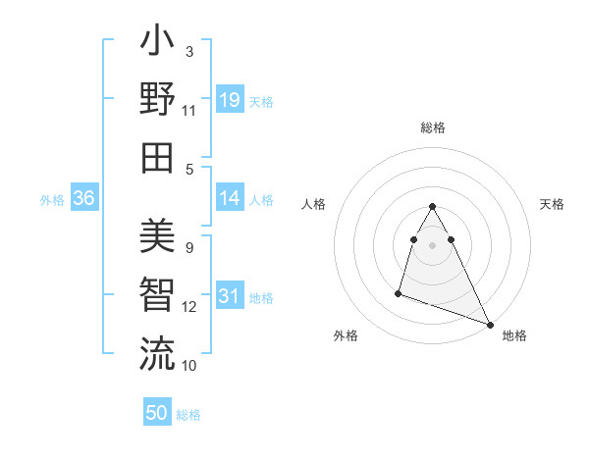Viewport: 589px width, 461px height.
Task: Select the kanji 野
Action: [157, 100]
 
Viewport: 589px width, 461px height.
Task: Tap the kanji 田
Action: [157, 158]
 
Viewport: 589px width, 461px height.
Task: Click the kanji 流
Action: [157, 354]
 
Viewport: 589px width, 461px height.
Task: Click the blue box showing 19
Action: [229, 100]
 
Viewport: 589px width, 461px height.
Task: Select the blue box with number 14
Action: [229, 198]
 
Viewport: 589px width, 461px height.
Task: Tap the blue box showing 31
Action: [229, 296]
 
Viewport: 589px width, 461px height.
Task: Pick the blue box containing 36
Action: [83, 198]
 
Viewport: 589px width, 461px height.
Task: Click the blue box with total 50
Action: [157, 413]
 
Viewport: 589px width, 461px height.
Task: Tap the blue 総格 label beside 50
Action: [188, 415]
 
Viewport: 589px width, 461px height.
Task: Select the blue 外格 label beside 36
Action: [52, 200]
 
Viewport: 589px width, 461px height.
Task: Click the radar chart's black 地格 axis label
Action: [514, 335]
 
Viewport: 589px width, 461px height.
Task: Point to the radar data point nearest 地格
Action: [490, 325]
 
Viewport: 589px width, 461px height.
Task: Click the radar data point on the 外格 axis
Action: [399, 292]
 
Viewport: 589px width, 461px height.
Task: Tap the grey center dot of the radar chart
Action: [432, 244]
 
